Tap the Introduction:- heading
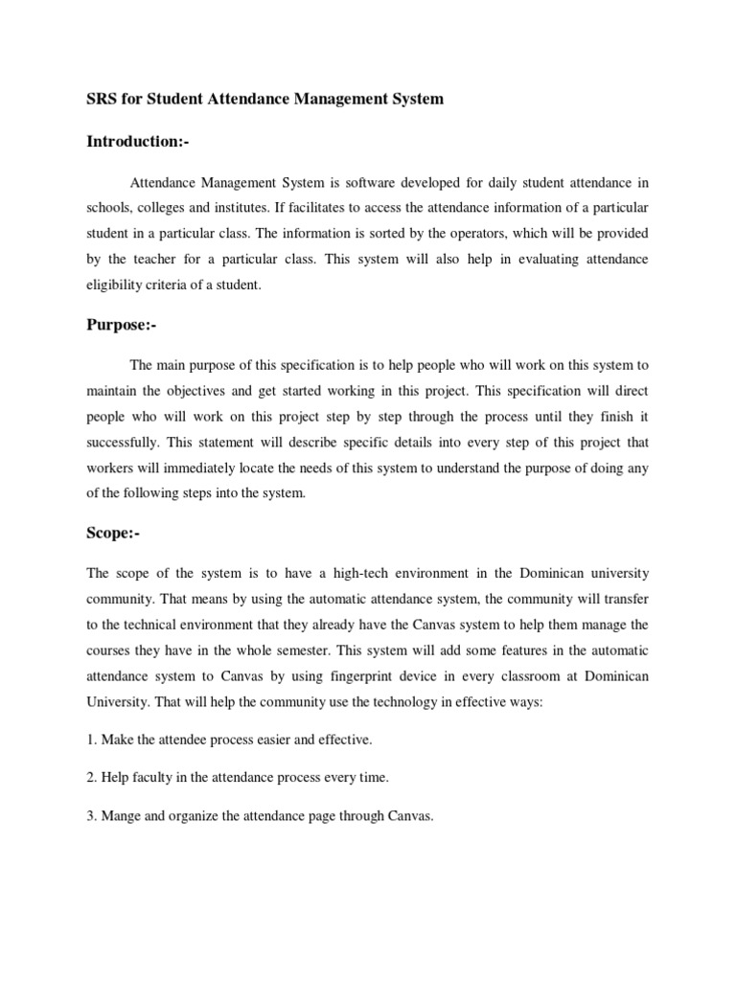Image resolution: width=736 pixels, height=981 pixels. click(138, 142)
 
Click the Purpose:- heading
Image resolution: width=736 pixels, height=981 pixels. click(121, 325)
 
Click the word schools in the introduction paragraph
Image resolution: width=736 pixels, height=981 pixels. click(111, 208)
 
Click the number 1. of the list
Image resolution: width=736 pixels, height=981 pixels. click(92, 741)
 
